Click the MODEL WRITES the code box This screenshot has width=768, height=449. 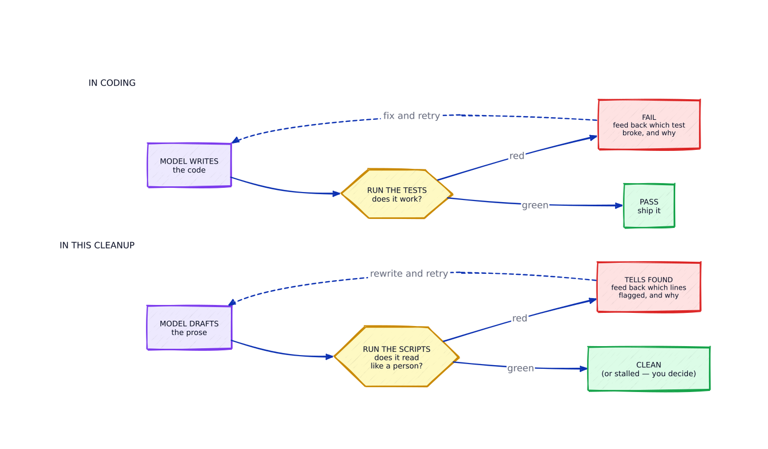pos(189,165)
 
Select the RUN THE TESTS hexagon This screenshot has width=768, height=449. pos(397,194)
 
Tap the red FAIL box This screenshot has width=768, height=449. pos(649,125)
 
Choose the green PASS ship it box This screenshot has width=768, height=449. pos(649,206)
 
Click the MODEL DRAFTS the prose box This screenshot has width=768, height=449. pos(189,328)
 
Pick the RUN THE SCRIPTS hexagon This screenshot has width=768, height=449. pos(396,357)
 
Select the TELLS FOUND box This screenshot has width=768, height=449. pos(649,288)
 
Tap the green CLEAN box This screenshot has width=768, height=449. pos(649,369)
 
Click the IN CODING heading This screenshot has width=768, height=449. pos(112,83)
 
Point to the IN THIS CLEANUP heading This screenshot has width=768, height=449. pos(97,245)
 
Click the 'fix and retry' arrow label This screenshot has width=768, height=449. pos(411,116)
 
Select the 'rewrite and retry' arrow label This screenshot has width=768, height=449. pos(409,274)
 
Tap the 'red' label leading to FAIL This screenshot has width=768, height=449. pos(517,156)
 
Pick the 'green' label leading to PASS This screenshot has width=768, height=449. pos(535,205)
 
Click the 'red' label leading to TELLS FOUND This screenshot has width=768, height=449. pos(520,319)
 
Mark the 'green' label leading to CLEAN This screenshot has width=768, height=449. pos(521,368)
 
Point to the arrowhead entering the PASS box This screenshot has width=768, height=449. pos(619,205)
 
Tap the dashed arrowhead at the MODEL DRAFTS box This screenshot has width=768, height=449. pos(232,302)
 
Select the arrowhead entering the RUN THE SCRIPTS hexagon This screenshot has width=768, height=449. pos(330,357)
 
